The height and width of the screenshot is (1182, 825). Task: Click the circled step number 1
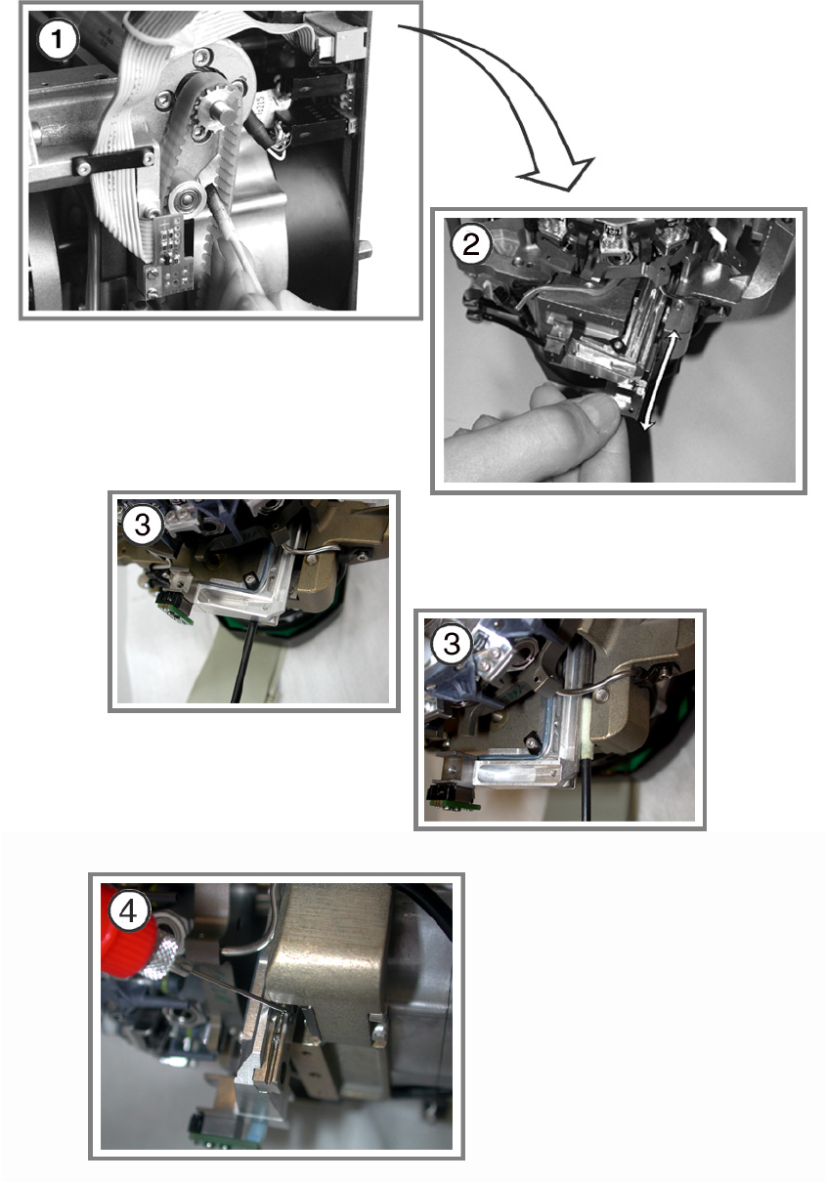[x=57, y=40]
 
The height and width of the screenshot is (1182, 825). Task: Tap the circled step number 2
[x=470, y=245]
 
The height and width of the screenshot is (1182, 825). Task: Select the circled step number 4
[x=129, y=911]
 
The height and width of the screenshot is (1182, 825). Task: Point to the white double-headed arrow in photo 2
[x=661, y=380]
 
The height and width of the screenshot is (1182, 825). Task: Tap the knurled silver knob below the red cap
[x=159, y=957]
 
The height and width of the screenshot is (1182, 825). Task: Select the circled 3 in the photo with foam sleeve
[x=451, y=644]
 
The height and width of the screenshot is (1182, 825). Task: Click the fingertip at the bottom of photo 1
[x=263, y=299]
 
